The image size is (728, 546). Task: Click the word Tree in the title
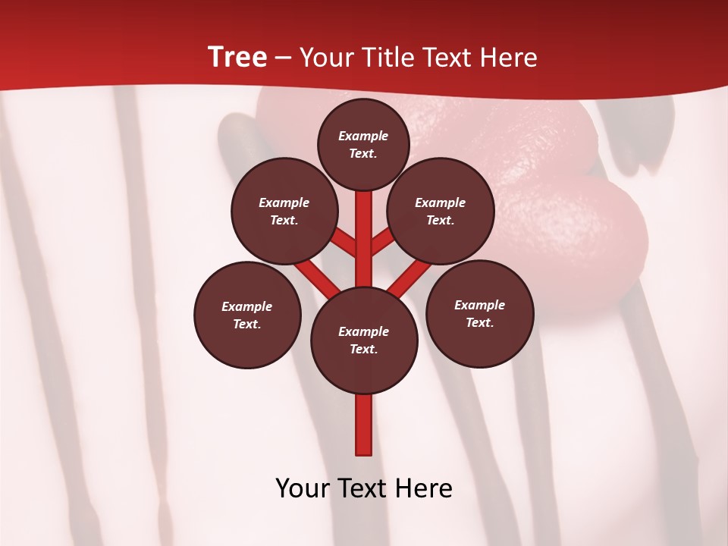237,58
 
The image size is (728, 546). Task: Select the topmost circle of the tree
363,144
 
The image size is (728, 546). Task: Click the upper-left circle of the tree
284,212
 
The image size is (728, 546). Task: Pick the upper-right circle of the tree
440,212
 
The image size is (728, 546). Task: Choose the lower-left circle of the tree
247,315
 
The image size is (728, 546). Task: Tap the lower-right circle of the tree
479,313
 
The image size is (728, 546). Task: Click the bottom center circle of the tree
364,340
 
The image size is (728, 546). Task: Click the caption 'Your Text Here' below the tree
364,488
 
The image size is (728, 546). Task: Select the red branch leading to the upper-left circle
345,243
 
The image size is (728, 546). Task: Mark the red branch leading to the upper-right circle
381,243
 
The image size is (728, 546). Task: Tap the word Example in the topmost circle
363,136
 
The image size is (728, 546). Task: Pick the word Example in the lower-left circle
247,306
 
